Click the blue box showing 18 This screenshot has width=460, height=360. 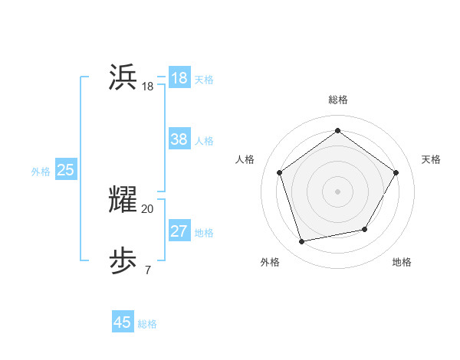tap(179, 78)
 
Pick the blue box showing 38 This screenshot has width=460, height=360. tap(179, 139)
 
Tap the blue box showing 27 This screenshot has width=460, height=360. tap(179, 231)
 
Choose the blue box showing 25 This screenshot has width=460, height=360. tap(66, 170)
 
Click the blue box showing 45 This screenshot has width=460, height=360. tap(123, 322)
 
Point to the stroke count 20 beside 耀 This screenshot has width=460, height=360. tap(147, 208)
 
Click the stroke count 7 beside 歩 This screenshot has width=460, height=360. tap(147, 270)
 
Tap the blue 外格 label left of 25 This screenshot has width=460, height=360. tap(41, 172)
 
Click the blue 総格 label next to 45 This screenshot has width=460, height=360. tap(147, 324)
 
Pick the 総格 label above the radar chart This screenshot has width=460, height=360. tap(337, 100)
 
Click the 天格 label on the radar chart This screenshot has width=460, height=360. tap(431, 159)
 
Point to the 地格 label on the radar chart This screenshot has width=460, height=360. tap(402, 262)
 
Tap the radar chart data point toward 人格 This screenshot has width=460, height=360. tap(279, 172)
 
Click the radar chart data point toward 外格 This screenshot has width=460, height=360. tap(302, 242)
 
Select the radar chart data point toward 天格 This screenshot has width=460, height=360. tap(396, 172)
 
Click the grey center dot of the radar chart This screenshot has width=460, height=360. tap(337, 191)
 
